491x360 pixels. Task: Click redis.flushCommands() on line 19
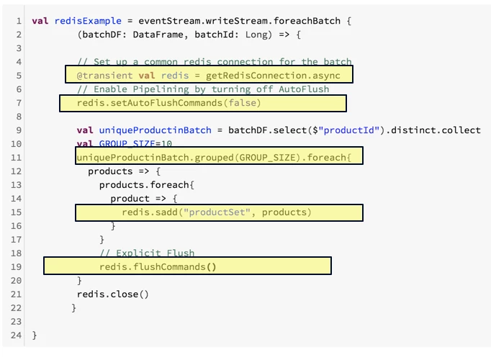[x=158, y=266]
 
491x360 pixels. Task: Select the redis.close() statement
[x=112, y=294]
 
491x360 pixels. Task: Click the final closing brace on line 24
[x=35, y=336]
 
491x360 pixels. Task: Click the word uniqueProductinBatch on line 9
[x=155, y=130]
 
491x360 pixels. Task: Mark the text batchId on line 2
[x=216, y=34]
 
